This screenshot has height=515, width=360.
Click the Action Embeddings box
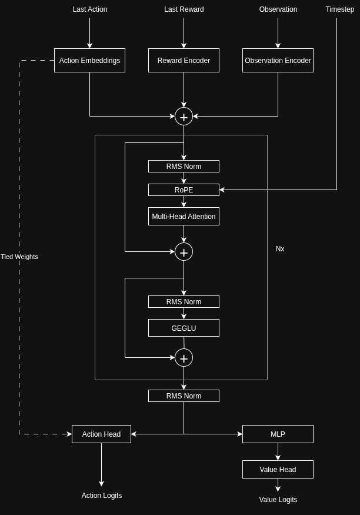click(89, 61)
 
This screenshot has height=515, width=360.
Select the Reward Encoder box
click(184, 61)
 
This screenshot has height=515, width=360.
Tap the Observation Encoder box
click(278, 61)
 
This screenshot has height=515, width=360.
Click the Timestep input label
click(340, 9)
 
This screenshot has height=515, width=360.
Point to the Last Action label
click(90, 9)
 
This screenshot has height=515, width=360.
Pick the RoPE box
click(184, 190)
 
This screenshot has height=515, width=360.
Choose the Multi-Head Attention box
click(184, 217)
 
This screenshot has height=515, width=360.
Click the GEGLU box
click(184, 328)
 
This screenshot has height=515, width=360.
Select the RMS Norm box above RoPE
click(184, 167)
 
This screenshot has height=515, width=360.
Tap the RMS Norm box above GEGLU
click(184, 302)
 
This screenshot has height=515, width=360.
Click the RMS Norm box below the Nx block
click(184, 396)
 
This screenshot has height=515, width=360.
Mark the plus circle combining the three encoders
click(184, 117)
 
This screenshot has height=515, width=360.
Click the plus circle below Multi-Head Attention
click(184, 252)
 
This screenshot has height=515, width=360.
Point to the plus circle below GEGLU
click(184, 358)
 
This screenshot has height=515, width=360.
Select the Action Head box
click(101, 434)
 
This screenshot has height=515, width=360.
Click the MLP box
click(278, 434)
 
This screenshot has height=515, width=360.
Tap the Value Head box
click(278, 470)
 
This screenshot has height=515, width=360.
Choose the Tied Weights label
click(19, 257)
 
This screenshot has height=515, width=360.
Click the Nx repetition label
click(280, 249)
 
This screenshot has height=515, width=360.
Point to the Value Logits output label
click(278, 500)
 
